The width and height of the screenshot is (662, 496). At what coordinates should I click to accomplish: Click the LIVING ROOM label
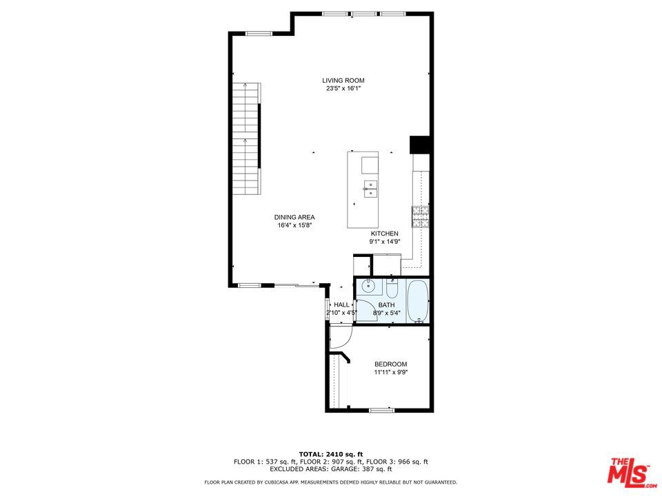(x=343, y=81)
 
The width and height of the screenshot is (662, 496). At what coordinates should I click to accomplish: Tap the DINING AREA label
(x=294, y=217)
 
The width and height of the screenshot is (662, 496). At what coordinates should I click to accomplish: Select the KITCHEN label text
(x=384, y=234)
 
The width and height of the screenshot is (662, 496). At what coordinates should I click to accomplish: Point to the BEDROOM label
(x=391, y=364)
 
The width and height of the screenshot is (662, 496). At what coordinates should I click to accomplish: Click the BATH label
(x=387, y=305)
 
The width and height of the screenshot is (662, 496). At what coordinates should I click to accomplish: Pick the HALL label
(x=341, y=304)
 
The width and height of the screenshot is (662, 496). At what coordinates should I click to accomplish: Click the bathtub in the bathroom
(x=418, y=301)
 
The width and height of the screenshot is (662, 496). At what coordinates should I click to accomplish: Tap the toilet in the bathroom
(x=392, y=289)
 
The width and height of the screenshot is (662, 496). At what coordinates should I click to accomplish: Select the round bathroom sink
(x=368, y=286)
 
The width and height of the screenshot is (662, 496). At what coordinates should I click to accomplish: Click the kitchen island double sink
(x=370, y=189)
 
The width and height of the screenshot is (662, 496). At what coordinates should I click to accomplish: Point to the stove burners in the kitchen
(x=421, y=217)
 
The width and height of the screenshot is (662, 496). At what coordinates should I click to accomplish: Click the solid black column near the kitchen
(x=420, y=145)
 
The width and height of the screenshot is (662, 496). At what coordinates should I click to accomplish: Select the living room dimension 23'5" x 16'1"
(x=343, y=89)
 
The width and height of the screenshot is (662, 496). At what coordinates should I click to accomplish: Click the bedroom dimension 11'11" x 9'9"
(x=391, y=373)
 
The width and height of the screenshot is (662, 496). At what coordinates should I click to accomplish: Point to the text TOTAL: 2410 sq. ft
(x=331, y=454)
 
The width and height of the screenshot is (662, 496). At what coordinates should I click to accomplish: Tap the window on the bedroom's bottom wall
(x=381, y=410)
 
